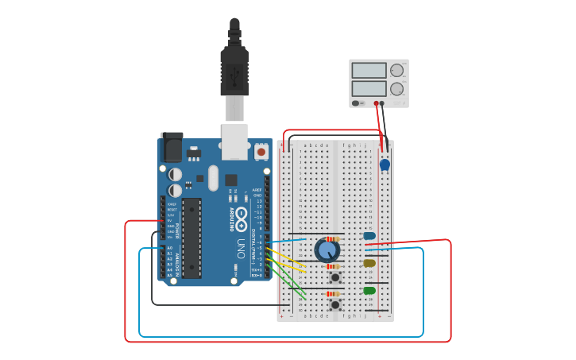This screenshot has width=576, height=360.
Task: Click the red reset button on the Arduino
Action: click(261, 150)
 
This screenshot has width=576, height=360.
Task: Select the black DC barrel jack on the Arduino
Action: click(172, 148)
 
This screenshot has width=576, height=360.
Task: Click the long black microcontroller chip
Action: click(191, 238)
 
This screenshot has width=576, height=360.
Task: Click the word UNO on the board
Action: click(241, 249)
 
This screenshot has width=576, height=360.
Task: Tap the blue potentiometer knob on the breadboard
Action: click(327, 250)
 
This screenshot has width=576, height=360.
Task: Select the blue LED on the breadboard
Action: click(369, 236)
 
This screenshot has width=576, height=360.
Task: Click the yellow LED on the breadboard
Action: click(369, 263)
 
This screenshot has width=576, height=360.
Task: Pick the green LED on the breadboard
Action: click(369, 291)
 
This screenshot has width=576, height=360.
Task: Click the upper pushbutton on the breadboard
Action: click(335, 277)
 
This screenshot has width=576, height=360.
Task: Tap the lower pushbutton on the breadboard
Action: click(335, 304)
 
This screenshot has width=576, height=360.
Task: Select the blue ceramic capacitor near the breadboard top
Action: click(385, 165)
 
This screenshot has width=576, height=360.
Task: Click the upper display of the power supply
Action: click(369, 71)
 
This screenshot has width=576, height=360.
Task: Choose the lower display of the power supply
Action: click(369, 87)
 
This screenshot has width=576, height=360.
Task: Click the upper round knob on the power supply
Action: click(396, 71)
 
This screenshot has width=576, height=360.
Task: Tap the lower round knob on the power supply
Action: click(396, 88)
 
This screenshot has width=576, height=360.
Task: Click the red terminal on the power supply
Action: click(376, 103)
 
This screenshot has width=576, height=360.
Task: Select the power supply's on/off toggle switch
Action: click(357, 103)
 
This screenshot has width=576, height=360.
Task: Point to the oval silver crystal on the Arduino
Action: click(213, 177)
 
